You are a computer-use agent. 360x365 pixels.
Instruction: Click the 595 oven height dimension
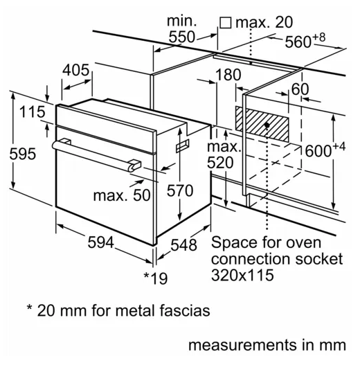[x=23, y=154]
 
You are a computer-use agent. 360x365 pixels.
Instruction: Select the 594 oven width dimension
[x=101, y=242]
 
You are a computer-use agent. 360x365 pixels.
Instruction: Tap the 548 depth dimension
[x=183, y=245]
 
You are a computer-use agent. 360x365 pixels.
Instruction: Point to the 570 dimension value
[x=180, y=190]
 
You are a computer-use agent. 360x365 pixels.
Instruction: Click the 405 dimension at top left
[x=75, y=70]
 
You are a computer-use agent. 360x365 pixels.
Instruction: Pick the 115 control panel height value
[x=32, y=112]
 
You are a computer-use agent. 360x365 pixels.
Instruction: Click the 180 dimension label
[x=228, y=75]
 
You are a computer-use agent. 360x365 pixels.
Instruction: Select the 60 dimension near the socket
[x=300, y=89]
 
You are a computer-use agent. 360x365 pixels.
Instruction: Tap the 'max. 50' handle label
[x=122, y=195]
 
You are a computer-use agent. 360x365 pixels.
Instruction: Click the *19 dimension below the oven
[x=156, y=278]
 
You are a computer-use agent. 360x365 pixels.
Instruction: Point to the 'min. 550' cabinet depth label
[x=181, y=29]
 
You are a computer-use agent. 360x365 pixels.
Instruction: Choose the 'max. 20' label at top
[x=264, y=22]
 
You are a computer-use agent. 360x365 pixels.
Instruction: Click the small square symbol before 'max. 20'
[x=226, y=23]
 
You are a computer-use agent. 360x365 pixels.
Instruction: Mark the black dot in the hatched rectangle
[x=267, y=125]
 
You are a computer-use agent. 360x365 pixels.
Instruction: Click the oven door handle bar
[x=96, y=154]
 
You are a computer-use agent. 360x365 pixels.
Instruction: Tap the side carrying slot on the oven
[x=183, y=146]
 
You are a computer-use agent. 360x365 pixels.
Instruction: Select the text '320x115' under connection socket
[x=242, y=275]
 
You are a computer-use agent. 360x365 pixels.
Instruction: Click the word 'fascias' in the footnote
[x=185, y=310]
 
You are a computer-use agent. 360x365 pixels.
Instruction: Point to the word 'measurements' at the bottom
[x=242, y=345]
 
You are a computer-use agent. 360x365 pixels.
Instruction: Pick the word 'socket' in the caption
[x=319, y=258]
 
